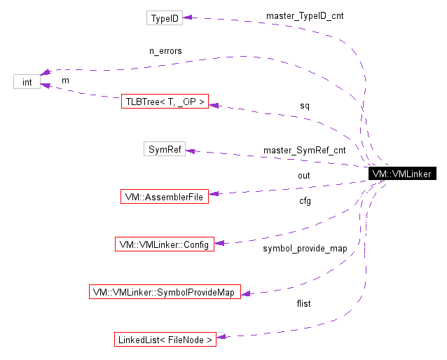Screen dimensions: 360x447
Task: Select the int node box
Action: [27, 82]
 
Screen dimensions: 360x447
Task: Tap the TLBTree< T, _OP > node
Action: [165, 102]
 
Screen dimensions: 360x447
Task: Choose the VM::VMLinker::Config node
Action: [164, 244]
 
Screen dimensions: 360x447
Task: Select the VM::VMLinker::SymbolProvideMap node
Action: [165, 291]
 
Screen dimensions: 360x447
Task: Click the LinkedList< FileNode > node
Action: [165, 340]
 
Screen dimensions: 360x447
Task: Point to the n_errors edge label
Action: [165, 51]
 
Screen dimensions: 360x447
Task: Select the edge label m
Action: [66, 81]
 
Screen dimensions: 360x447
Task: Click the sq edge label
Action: [305, 106]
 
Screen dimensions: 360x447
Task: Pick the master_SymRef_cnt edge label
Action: [305, 150]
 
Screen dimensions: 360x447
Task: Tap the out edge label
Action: [304, 175]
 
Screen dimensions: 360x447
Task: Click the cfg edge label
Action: [305, 201]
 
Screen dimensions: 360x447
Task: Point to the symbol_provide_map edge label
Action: [305, 249]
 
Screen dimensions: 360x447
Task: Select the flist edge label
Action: [304, 303]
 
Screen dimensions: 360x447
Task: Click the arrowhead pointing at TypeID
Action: [188, 18]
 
